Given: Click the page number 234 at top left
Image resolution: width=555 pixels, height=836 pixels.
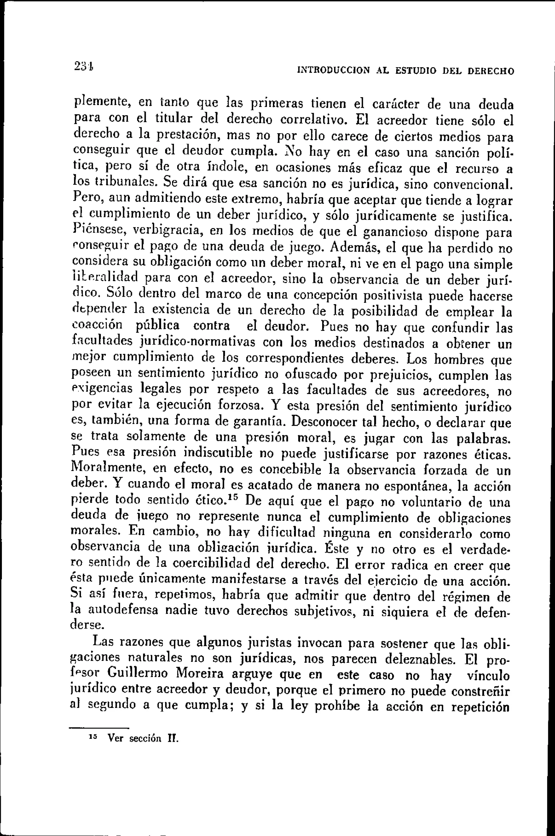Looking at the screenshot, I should (x=83, y=66).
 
